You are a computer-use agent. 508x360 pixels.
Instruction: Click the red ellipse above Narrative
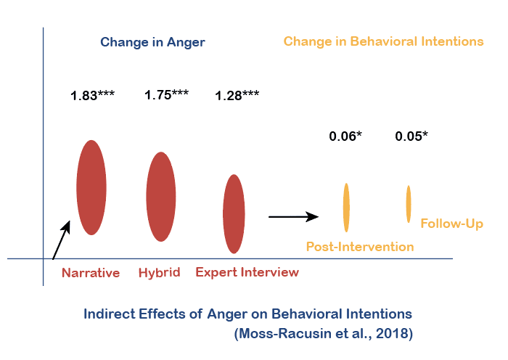coord(91,187)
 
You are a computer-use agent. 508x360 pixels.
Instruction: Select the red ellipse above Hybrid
coord(160,197)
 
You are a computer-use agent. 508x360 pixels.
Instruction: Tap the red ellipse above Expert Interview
coord(234,213)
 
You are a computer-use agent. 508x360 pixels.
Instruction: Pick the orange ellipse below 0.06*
coord(346,207)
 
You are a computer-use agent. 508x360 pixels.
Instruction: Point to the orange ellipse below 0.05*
coord(409,204)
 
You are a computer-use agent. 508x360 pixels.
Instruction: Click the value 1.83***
coord(92,95)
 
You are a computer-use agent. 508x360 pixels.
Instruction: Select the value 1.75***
coord(167,94)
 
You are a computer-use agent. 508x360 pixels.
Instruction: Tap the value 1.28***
coord(237,95)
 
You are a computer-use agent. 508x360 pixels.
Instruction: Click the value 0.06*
coord(345,136)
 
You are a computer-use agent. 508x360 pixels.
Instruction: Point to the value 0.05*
coord(411,136)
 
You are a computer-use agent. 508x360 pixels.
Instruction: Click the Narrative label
coord(91,273)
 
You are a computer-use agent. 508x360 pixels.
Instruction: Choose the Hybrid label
coord(159,273)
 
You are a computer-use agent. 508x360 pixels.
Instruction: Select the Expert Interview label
coord(247,273)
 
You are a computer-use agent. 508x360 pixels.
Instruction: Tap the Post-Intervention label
coord(360,247)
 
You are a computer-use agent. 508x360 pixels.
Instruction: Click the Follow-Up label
coord(451,224)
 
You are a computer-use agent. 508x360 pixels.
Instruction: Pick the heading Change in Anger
coord(152,42)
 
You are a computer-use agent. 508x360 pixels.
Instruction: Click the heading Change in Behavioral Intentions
coord(383,41)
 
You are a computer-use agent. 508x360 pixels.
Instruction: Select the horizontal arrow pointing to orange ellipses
coord(294,216)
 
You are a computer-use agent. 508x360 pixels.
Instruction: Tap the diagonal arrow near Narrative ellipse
coord(62,240)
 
